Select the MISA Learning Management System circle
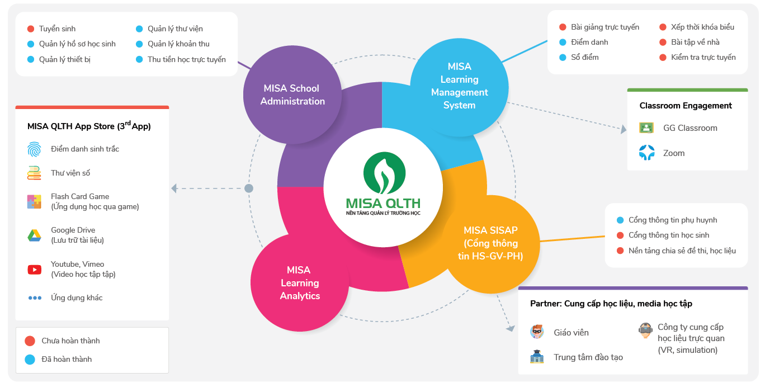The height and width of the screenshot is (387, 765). [x=460, y=86]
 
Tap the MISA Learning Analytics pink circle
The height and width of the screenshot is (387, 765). [x=300, y=283]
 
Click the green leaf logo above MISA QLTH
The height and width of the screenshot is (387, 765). [x=383, y=171]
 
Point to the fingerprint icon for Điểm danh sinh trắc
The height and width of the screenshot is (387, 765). [x=34, y=149]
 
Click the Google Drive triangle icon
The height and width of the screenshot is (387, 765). [x=34, y=235]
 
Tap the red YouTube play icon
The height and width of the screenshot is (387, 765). [x=34, y=270]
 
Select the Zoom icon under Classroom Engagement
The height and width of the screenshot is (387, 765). [x=646, y=153]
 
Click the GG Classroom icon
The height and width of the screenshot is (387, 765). [x=646, y=128]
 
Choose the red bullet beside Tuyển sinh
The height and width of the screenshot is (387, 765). [x=31, y=29]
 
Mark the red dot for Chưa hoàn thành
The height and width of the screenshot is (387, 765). [x=30, y=341]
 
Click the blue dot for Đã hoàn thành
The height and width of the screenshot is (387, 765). [x=30, y=359]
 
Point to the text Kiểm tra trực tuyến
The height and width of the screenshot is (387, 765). [x=703, y=57]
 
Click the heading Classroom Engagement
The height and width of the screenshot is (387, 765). [x=686, y=106]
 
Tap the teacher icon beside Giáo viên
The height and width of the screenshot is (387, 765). [x=537, y=332]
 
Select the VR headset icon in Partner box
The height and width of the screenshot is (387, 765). [x=645, y=330]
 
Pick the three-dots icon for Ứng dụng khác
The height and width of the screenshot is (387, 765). [x=35, y=298]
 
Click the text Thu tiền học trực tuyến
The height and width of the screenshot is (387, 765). [x=187, y=59]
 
